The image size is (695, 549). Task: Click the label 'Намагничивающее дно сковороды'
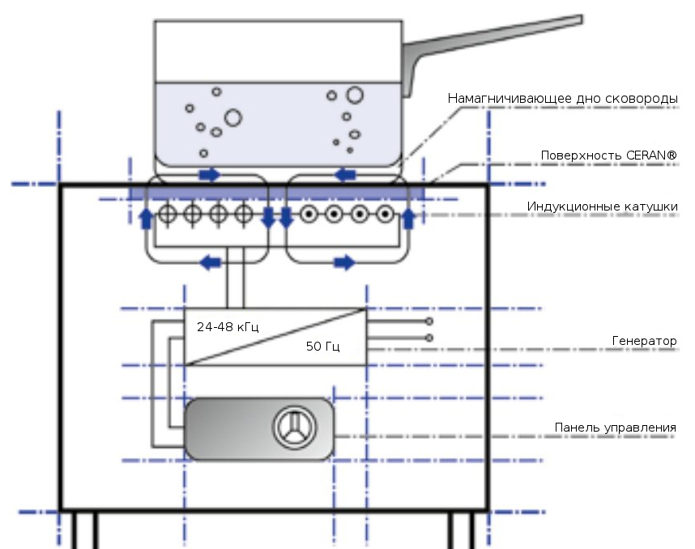pyautogui.click(x=563, y=99)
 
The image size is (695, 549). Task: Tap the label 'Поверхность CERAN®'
pyautogui.click(x=609, y=155)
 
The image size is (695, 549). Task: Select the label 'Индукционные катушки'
pyautogui.click(x=602, y=206)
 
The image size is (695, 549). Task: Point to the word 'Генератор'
pyautogui.click(x=644, y=341)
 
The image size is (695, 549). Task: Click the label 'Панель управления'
pyautogui.click(x=615, y=427)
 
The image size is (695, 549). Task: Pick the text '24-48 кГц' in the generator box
pyautogui.click(x=228, y=327)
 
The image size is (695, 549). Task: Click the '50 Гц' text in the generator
pyautogui.click(x=322, y=347)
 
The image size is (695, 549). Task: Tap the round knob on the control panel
pyautogui.click(x=290, y=427)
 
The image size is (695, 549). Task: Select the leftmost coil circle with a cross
pyautogui.click(x=168, y=215)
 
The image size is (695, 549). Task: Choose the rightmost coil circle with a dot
pyautogui.click(x=386, y=215)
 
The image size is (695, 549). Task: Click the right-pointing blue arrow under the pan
pyautogui.click(x=209, y=174)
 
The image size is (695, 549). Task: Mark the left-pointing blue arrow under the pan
pyautogui.click(x=346, y=174)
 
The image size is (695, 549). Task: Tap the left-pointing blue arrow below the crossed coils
pyautogui.click(x=210, y=262)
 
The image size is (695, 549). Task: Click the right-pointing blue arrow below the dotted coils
pyautogui.click(x=344, y=262)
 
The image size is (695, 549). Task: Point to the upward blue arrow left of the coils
pyautogui.click(x=147, y=217)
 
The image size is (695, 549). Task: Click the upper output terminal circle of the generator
pyautogui.click(x=429, y=321)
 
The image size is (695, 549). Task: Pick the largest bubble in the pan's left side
pyautogui.click(x=233, y=118)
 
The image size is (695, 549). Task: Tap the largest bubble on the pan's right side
pyautogui.click(x=355, y=95)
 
